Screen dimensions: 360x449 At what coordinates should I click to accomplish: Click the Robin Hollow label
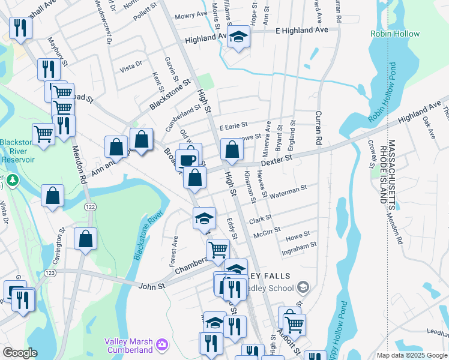point(395,34)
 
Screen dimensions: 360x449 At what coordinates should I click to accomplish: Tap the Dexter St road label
point(279,159)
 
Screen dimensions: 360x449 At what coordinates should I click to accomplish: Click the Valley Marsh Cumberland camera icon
point(161,344)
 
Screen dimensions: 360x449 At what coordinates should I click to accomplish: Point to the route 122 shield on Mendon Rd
point(90,206)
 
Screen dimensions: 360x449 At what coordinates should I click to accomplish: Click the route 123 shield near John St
point(50,272)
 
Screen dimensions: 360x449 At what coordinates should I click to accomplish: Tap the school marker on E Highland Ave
point(238,38)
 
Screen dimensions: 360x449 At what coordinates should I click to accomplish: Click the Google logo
point(20,353)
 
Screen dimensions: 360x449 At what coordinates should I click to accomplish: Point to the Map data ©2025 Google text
point(412,355)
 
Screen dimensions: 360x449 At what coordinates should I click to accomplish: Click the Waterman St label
point(288,191)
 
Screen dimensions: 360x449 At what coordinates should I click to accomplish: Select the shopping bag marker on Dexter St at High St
point(231,149)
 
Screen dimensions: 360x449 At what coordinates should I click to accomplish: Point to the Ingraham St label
point(300,247)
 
